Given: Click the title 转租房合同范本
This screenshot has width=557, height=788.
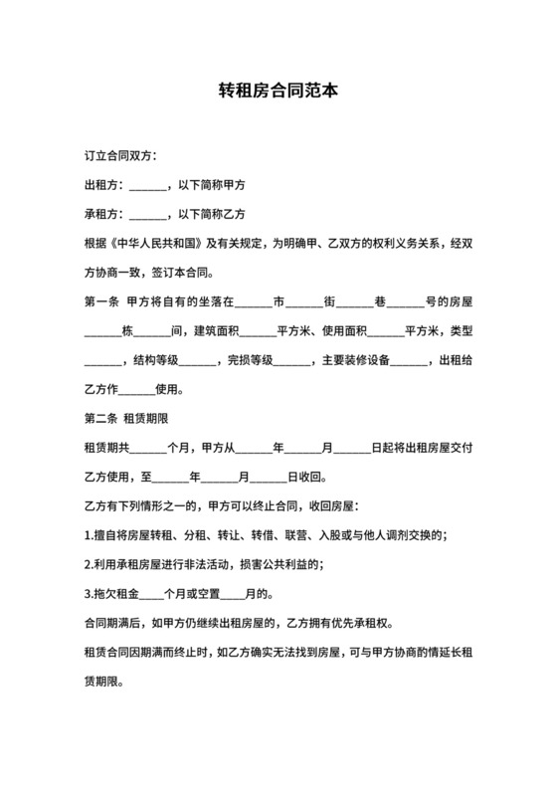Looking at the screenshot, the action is pos(278,91).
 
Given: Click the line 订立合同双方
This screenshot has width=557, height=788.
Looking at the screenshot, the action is pos(119,156).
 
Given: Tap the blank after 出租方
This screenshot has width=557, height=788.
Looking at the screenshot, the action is pos(148,185).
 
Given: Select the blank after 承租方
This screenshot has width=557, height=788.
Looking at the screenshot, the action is pos(148,214).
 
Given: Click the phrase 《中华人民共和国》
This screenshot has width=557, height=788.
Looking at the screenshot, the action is pos(159,243).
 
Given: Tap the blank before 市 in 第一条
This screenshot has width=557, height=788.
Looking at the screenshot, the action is pos(253,300).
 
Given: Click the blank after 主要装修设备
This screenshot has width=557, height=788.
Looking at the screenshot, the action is pos(408,359).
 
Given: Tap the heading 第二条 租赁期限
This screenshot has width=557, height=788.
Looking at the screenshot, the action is pos(131,418).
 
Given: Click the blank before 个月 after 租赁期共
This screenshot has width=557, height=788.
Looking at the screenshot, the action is pos(148,448).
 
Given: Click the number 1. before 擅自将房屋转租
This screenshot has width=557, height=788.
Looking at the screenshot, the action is pos(91,535).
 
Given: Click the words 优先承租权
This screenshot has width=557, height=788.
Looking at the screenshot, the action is pos(365,624).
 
